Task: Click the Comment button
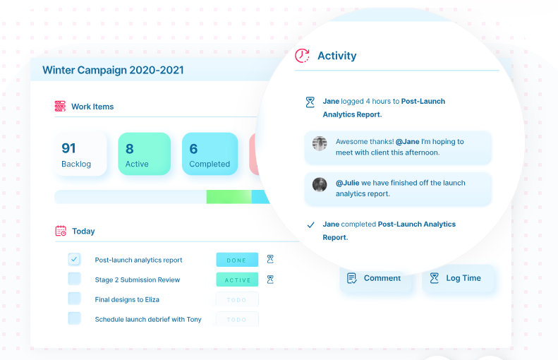tap(376, 278)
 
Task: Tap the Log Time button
tap(459, 278)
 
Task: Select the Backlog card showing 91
tap(80, 154)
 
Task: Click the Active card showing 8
tap(144, 154)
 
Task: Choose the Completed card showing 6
tap(210, 154)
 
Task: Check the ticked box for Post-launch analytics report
tap(74, 259)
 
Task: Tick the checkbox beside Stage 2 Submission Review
tap(74, 279)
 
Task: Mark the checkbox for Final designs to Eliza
tap(74, 299)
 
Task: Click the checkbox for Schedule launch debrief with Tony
tap(74, 318)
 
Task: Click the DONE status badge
tap(237, 260)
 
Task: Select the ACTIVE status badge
tap(237, 280)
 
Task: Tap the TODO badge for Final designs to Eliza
tap(237, 299)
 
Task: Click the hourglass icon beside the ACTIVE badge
tap(270, 280)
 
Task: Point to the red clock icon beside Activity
tap(302, 56)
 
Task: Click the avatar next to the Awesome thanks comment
tap(320, 143)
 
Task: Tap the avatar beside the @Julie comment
tap(320, 185)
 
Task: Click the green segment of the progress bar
tap(229, 197)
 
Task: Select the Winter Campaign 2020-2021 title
tap(113, 70)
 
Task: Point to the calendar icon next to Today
tap(61, 231)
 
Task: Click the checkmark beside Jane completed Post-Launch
tap(310, 224)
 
